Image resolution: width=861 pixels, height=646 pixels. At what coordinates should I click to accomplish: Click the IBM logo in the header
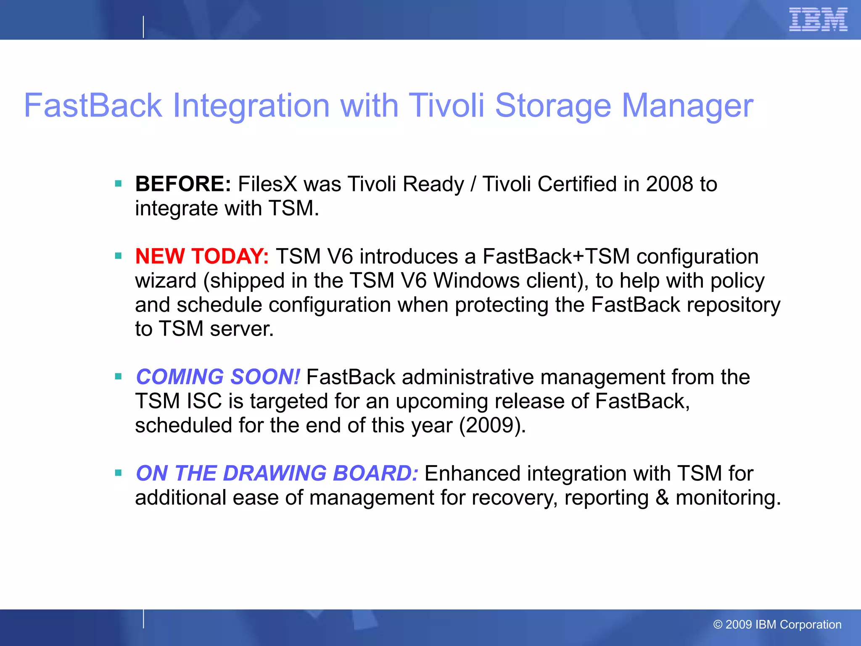818,20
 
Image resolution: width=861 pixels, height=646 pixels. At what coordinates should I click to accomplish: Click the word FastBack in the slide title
93,106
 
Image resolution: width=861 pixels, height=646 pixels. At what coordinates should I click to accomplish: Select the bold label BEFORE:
183,184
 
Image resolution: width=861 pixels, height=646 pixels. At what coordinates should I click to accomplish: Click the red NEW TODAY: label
202,257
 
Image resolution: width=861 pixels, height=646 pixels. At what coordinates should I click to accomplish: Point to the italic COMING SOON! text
218,377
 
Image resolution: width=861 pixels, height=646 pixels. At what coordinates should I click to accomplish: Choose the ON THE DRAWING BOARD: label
277,474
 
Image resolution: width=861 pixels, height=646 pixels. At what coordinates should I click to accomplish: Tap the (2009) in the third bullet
492,425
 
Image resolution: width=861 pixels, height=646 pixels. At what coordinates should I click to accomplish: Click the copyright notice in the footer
777,625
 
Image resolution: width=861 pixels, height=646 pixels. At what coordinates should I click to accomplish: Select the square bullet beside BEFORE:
118,184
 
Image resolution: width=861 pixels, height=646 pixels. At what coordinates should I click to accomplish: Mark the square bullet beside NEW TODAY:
118,256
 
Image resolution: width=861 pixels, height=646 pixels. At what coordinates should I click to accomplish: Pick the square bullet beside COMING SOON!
118,376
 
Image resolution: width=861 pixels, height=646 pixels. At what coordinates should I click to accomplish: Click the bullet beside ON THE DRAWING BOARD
118,473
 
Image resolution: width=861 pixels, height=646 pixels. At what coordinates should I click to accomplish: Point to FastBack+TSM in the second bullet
556,257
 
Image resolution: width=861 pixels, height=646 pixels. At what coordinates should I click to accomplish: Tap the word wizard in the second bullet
166,281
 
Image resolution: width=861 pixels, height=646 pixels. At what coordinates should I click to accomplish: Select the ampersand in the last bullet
662,498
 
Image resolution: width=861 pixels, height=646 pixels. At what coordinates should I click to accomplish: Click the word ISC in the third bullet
204,401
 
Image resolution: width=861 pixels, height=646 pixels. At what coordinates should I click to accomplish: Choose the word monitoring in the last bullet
728,498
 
